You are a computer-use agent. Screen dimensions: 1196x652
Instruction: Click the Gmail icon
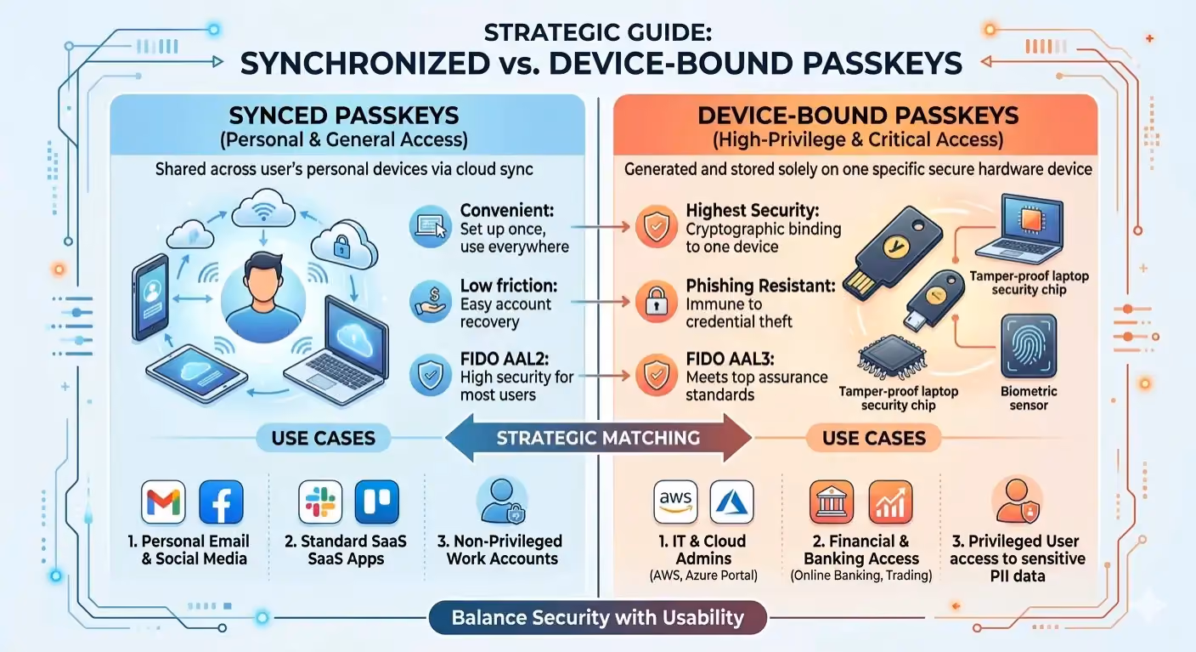click(163, 502)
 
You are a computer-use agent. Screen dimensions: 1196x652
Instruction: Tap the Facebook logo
click(221, 502)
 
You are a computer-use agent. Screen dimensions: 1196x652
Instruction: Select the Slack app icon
click(320, 502)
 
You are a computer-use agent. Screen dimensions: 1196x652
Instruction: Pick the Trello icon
click(377, 502)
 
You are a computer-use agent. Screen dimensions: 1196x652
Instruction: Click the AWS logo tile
click(675, 502)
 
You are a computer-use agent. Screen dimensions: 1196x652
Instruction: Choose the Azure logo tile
click(732, 502)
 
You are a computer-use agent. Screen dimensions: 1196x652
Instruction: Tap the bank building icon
click(832, 502)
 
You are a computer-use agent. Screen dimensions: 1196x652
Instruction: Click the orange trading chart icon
click(890, 502)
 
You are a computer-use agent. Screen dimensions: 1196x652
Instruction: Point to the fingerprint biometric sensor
click(1029, 346)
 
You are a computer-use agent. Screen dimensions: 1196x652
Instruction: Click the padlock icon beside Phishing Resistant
click(657, 302)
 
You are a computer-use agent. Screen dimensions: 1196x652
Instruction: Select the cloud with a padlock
click(343, 244)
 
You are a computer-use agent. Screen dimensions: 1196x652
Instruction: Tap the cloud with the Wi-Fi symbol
click(262, 208)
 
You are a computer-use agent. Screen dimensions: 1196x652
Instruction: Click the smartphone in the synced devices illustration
click(150, 298)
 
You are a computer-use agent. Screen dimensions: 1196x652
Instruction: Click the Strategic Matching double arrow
click(599, 438)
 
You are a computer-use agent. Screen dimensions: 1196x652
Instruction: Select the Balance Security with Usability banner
click(598, 617)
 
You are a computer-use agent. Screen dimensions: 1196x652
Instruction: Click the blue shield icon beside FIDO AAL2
click(431, 375)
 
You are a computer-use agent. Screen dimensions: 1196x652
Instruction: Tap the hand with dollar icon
click(431, 302)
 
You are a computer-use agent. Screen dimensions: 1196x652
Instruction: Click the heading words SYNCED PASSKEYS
click(344, 116)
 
